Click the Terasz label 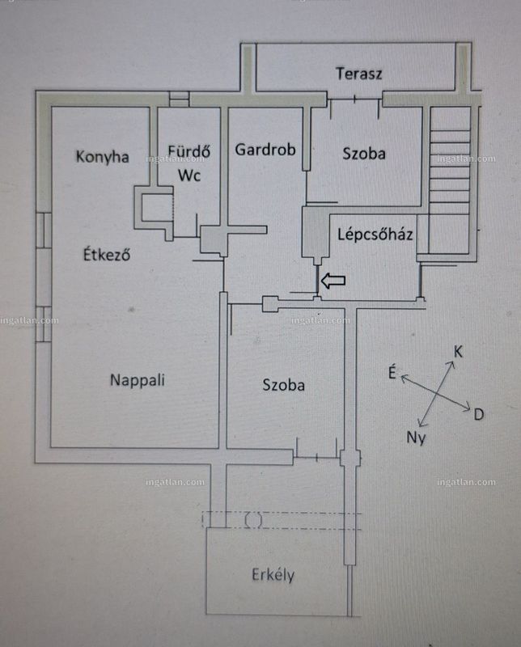click(358, 74)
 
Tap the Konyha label click(103, 157)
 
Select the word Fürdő click(189, 150)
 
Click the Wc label click(189, 175)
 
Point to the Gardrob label click(265, 150)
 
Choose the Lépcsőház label click(375, 234)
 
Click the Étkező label click(107, 254)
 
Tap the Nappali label click(138, 380)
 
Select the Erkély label click(273, 574)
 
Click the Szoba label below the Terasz click(364, 154)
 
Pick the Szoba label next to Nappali click(284, 385)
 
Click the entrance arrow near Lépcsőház click(333, 281)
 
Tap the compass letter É click(392, 373)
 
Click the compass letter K click(458, 352)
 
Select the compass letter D click(478, 414)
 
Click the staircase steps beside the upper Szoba click(450, 180)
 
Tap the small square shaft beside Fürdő click(154, 207)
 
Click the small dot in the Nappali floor click(131, 309)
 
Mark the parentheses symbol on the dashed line click(253, 520)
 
